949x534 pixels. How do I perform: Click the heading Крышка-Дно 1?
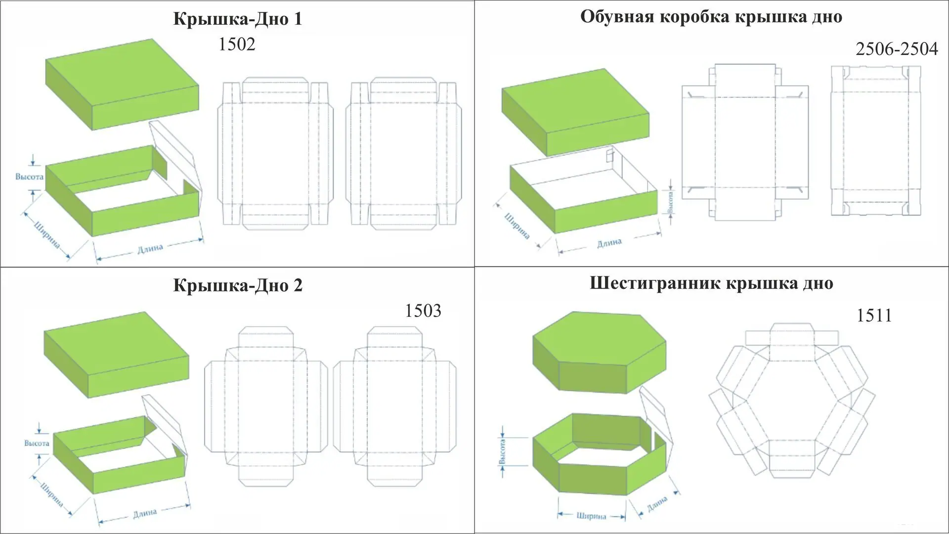click(237, 19)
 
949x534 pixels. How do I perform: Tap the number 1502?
click(237, 44)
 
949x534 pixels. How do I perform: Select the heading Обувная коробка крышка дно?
click(711, 17)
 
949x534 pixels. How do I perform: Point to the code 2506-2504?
click(897, 48)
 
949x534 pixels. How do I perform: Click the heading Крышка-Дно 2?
click(238, 285)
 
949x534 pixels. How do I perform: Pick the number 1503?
click(423, 311)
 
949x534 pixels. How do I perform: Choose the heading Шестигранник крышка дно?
click(711, 283)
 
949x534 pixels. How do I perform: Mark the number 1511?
click(874, 315)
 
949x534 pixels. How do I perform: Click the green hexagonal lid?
click(599, 352)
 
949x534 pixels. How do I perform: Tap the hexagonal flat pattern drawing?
click(792, 400)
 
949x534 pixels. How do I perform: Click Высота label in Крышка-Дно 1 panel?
click(29, 177)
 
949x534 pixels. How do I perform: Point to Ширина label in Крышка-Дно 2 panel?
click(52, 494)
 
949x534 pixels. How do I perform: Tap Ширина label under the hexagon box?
click(591, 516)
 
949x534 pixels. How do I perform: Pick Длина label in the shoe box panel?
click(609, 243)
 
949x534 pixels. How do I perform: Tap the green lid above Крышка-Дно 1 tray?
click(122, 84)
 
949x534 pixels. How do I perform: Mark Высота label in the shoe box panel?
click(670, 202)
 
